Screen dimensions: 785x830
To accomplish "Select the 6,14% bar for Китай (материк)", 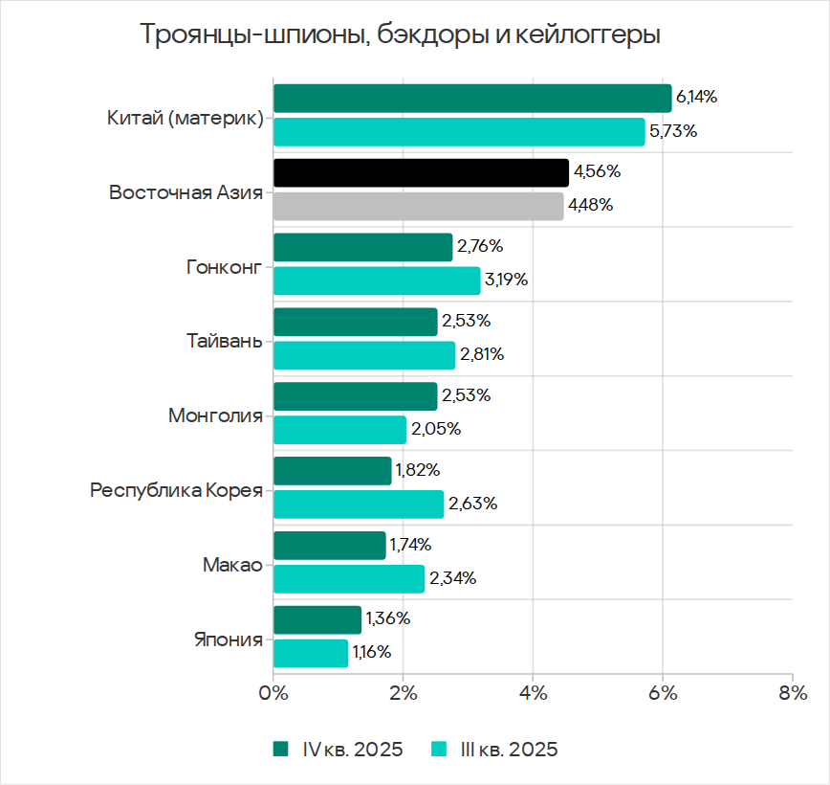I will coord(472,99).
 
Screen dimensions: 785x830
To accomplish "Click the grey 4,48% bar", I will coord(418,206).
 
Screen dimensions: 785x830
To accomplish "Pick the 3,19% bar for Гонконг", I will coord(377,280).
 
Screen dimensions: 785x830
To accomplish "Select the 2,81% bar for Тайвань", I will coord(364,355).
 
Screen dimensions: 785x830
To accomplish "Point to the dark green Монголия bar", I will coord(356,396).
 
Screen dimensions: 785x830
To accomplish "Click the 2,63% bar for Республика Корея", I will coord(359,504).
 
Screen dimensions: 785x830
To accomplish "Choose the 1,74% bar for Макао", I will coord(330,546).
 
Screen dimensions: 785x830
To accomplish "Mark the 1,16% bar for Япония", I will coord(311,653).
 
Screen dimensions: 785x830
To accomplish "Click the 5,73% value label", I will coord(672,131).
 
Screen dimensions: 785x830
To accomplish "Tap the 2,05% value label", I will coord(436,429).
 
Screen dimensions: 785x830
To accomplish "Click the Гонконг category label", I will coord(224,265).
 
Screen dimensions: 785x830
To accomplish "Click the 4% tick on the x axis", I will coord(533,691).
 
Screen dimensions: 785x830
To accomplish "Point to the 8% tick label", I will coord(792,691).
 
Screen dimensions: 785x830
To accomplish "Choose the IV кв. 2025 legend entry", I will coord(338,749).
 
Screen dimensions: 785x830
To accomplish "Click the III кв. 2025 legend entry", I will coord(494,749).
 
